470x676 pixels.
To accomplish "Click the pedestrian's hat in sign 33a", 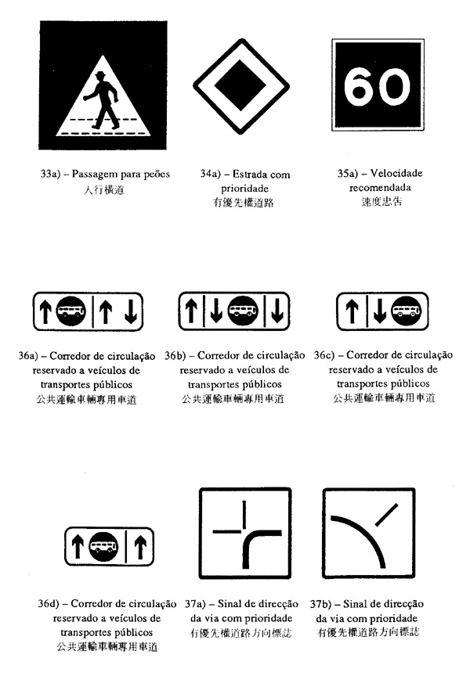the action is pyautogui.click(x=100, y=74).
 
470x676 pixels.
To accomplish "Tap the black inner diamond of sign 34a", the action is pyautogui.click(x=240, y=85).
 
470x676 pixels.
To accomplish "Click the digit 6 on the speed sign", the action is pyautogui.click(x=359, y=87).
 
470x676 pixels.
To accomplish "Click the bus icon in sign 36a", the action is pyautogui.click(x=70, y=311).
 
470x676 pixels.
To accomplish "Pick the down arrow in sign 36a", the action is pyautogui.click(x=131, y=311).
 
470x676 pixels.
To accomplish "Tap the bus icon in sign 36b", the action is pyautogui.click(x=243, y=311).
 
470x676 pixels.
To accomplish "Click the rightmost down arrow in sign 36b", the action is pyautogui.click(x=277, y=311).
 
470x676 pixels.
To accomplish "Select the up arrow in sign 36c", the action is pyautogui.click(x=352, y=311).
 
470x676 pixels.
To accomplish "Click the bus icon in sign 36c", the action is pyautogui.click(x=406, y=311).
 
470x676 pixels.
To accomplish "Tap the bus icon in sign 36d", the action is pyautogui.click(x=103, y=546).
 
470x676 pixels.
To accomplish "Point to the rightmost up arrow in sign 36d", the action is pyautogui.click(x=140, y=546).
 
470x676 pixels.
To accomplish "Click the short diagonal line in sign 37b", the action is pyautogui.click(x=386, y=515).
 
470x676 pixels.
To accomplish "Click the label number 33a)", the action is pyautogui.click(x=49, y=174).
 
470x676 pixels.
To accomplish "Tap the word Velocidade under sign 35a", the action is pyautogui.click(x=396, y=174).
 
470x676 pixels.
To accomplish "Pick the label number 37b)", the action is pyautogui.click(x=320, y=604).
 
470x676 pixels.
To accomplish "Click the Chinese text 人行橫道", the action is pyautogui.click(x=103, y=189).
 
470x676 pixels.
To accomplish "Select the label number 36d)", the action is pyautogui.click(x=49, y=603).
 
